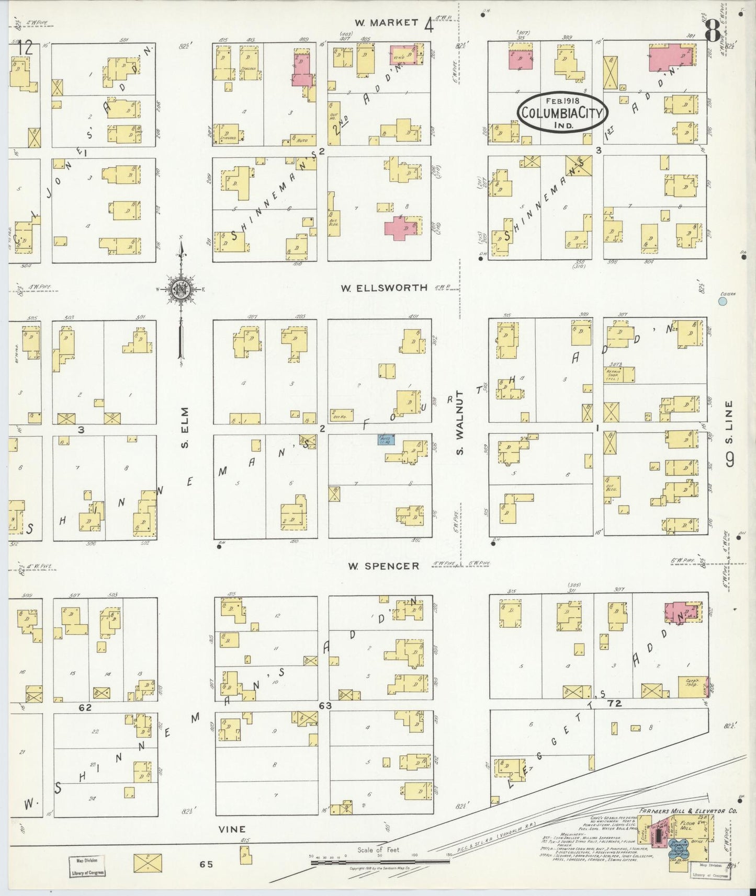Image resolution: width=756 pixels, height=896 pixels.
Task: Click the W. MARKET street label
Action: coord(386,22)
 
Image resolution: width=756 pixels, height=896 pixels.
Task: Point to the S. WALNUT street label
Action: coord(460,422)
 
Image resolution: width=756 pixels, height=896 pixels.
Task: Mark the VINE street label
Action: coord(232,829)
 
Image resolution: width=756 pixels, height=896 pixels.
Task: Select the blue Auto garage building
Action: coord(386,439)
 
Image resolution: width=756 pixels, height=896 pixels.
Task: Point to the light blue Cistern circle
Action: coord(723,301)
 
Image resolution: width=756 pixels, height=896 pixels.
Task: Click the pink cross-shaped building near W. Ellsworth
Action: coord(400,227)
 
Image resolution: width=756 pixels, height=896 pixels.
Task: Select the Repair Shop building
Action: coord(619,374)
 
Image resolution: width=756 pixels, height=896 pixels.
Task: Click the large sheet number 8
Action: coord(712,32)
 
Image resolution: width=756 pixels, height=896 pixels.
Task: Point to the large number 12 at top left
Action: coord(25,48)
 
